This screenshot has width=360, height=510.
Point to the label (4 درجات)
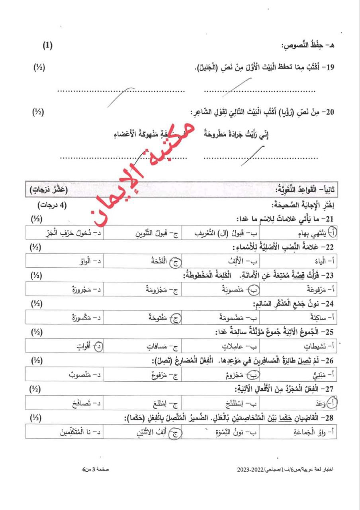pos(53,206)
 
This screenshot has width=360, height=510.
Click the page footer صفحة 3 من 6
pos(96,471)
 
